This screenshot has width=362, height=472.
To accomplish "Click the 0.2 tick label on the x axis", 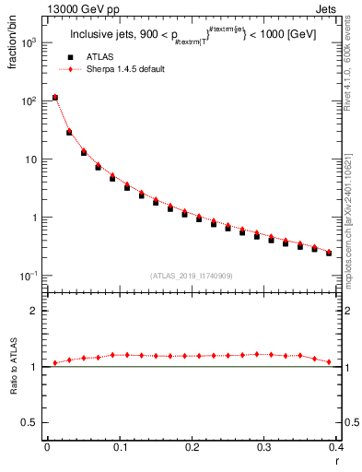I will tap(192, 447).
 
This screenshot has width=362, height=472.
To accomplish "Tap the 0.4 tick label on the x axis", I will tap(335, 447).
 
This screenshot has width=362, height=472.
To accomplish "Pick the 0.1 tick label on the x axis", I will tap(119, 447).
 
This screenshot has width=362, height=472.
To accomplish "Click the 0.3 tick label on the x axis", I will tap(263, 447).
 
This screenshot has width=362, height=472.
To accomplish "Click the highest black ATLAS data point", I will tap(55, 97).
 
